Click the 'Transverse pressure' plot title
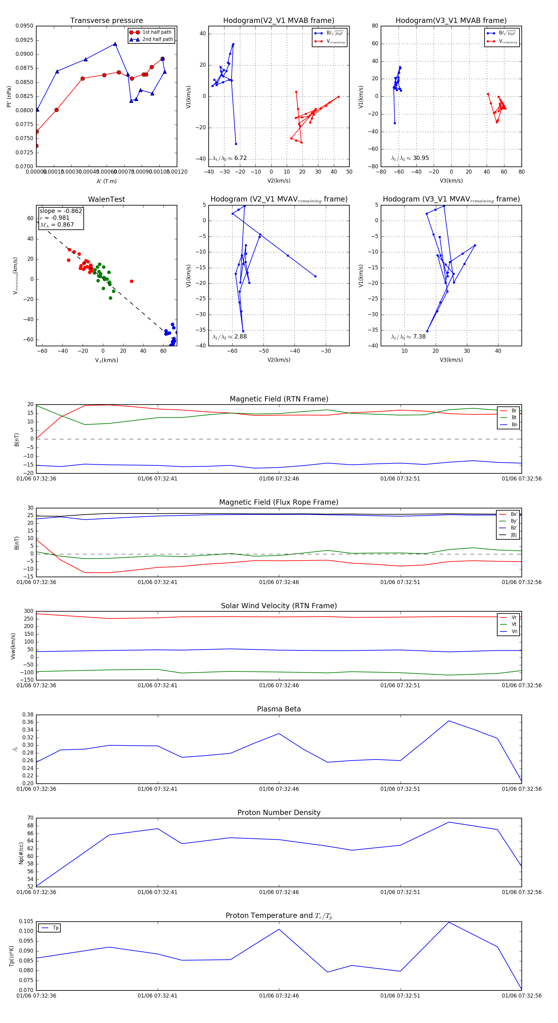(106, 21)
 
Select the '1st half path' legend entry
(157, 32)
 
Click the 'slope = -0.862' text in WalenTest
(61, 211)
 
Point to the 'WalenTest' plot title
(106, 199)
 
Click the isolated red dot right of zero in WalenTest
(131, 281)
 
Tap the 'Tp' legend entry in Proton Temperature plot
(55, 928)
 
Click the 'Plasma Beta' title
(279, 709)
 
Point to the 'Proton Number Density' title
(279, 813)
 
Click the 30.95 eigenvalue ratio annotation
(421, 158)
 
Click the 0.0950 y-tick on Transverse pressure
(24, 26)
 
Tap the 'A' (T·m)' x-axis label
(106, 181)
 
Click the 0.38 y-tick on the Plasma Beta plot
(28, 715)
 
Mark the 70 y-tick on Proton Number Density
(30, 818)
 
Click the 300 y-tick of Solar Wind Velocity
(29, 611)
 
